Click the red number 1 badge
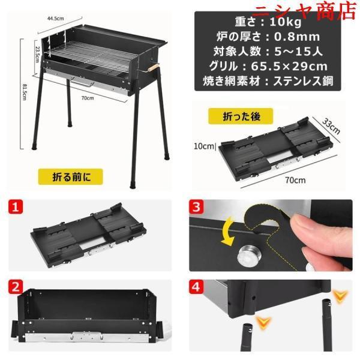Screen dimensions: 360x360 (16, 206)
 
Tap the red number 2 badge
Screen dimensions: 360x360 (16, 287)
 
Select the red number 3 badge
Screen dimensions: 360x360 (196, 206)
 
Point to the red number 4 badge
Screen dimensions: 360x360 (196, 287)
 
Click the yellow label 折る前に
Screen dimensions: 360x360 (70, 176)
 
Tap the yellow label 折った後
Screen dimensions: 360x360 (241, 116)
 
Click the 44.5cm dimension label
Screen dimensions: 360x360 (56, 19)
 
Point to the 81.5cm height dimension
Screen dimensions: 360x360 (25, 92)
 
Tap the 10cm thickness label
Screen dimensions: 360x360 (204, 146)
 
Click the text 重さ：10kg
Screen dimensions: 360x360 (268, 22)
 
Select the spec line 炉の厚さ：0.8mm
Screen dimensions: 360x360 (268, 37)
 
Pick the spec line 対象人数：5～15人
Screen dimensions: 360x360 (268, 51)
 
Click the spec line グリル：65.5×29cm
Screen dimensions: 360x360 (268, 66)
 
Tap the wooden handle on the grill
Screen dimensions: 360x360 (153, 68)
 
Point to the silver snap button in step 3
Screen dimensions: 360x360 (250, 256)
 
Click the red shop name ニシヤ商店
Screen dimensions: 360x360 (307, 11)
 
